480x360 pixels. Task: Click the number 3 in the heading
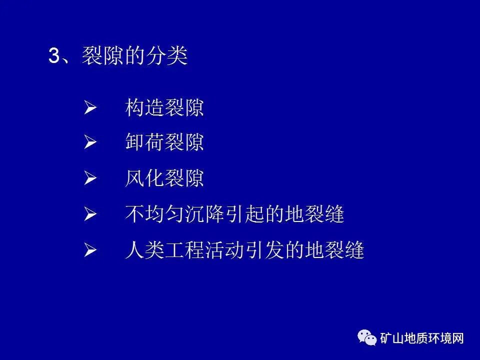pos(53,56)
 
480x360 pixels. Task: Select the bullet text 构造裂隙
pos(164,107)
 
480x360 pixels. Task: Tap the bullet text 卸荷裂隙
pos(164,143)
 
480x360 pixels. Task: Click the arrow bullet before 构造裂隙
pos(90,108)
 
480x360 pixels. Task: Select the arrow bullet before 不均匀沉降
pos(90,215)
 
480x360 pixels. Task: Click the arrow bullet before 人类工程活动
pos(90,250)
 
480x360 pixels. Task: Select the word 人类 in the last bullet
pos(144,250)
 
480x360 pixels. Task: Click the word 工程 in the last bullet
pos(184,250)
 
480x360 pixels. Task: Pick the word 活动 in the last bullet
pos(224,250)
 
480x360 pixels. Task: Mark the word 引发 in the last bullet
pos(264,250)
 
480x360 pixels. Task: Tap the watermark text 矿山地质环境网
pos(422,338)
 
